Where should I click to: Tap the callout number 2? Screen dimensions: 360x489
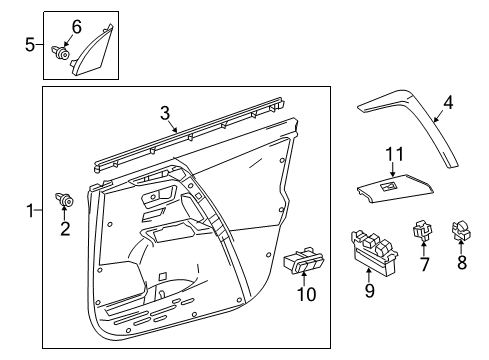[66, 229]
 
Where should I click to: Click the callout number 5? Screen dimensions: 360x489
[30, 43]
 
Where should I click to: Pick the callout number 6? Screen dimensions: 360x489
[75, 25]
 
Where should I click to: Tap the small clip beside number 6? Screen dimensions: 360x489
[63, 55]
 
